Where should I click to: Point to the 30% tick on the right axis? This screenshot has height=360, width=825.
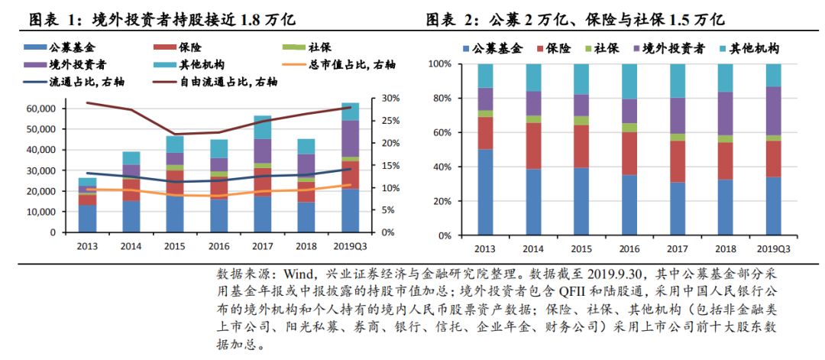390,99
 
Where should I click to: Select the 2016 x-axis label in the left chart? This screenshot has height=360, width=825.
218,246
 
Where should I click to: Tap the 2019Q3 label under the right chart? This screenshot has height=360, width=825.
774,248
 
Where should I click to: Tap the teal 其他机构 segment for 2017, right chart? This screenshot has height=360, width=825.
677,80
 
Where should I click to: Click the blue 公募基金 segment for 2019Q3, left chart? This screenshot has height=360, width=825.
350,210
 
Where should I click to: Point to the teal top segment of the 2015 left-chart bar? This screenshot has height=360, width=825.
175,144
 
